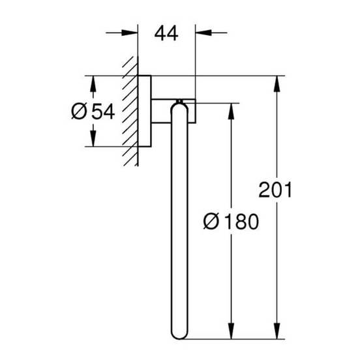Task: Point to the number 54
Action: (102, 112)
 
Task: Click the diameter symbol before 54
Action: (78, 112)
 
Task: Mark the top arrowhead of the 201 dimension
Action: (278, 83)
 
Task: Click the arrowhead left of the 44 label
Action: (131, 31)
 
